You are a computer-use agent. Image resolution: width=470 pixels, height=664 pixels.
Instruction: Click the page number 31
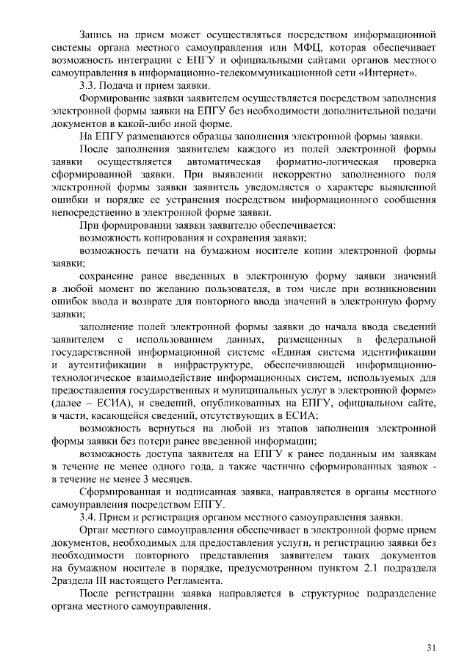[431, 646]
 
